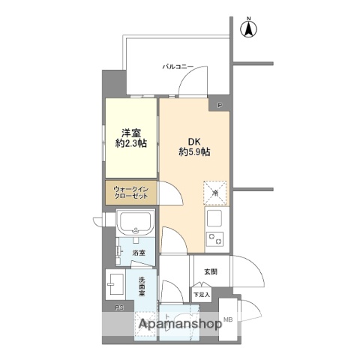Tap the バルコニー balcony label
click(x=178, y=67)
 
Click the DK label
click(x=193, y=138)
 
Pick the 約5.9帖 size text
click(x=193, y=151)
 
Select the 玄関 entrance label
click(x=210, y=271)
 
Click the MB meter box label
click(x=228, y=319)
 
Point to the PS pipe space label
click(x=118, y=307)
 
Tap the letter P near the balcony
click(x=220, y=105)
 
